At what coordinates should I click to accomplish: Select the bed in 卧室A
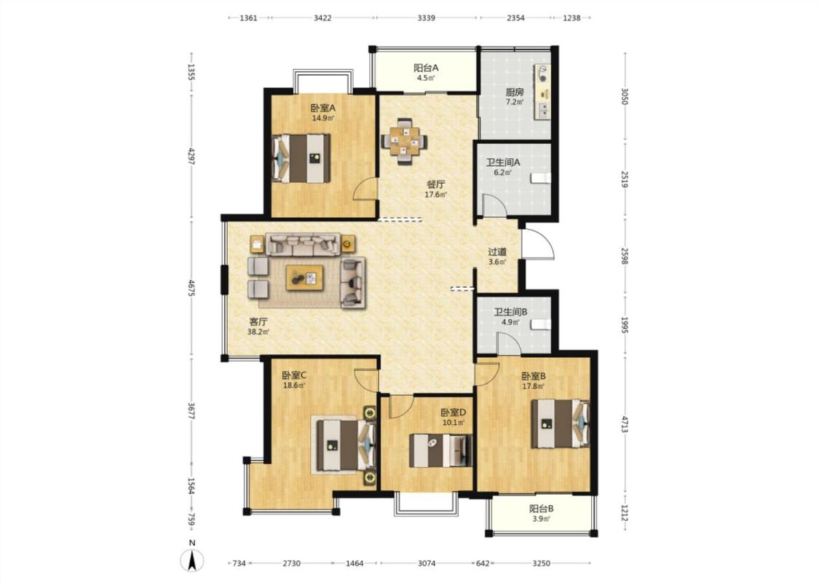[301, 158]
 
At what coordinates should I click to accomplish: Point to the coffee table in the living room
[304, 278]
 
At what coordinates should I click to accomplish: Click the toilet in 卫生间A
[541, 179]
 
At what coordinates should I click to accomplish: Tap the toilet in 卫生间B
[541, 324]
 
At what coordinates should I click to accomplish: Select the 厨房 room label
[514, 92]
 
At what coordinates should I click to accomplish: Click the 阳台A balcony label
[426, 68]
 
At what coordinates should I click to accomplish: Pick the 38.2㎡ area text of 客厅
[258, 332]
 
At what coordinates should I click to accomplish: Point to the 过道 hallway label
[497, 252]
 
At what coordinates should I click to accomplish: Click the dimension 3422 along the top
[323, 17]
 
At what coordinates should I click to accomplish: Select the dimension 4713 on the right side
[625, 423]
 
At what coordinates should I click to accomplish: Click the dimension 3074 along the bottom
[427, 563]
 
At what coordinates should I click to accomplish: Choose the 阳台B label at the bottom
[541, 508]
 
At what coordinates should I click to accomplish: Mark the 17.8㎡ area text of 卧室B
[534, 386]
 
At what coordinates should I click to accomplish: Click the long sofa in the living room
[304, 244]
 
